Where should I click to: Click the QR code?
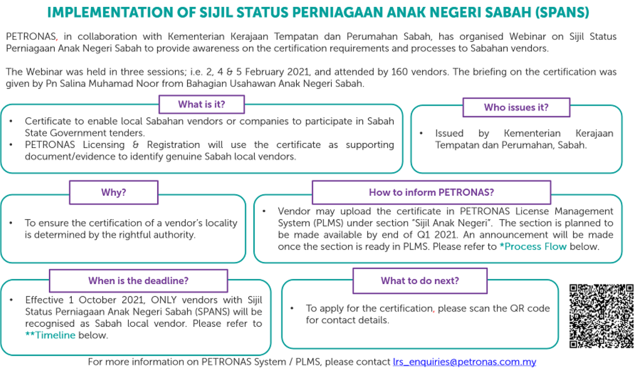tap(601, 316)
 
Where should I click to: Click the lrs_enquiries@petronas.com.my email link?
tap(464, 362)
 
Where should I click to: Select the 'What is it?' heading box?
tap(202, 105)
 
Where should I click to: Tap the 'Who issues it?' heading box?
tap(516, 108)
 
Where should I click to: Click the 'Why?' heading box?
tap(114, 192)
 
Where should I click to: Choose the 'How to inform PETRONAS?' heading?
tap(431, 192)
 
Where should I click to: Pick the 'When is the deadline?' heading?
tap(138, 280)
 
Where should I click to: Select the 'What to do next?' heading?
tap(420, 280)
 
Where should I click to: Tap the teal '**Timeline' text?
tap(50, 335)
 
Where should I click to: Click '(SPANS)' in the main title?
tap(562, 13)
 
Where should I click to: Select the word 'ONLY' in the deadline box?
tap(164, 300)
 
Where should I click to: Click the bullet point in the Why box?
tap(11, 223)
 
